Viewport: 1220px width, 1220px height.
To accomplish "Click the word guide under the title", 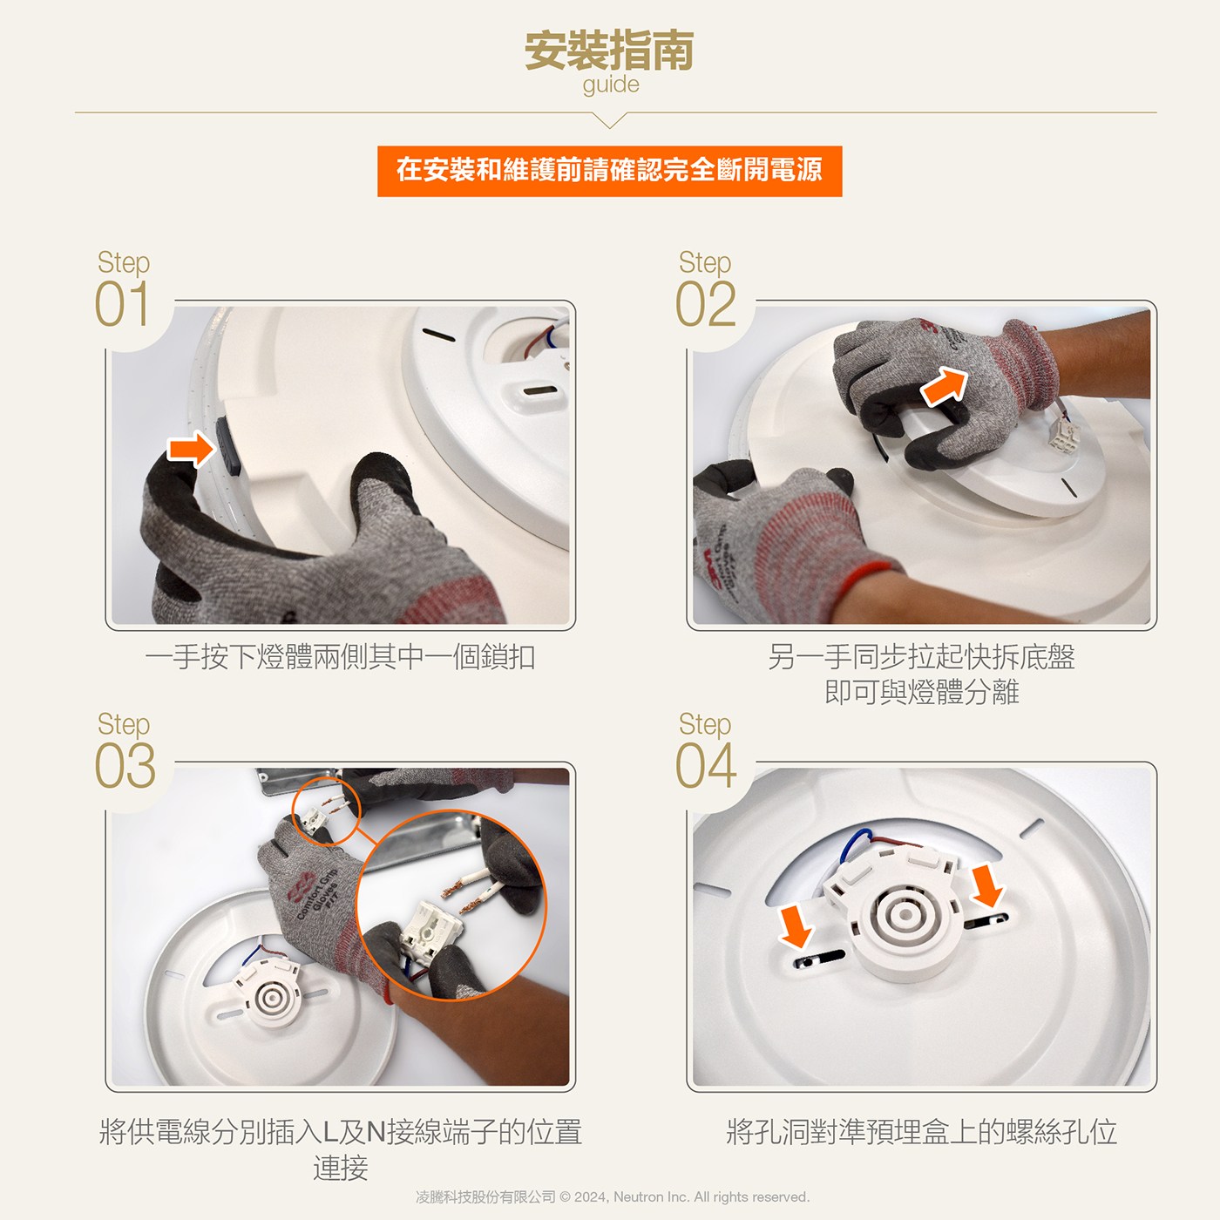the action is point(611,85).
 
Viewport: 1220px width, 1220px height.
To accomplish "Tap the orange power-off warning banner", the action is point(610,171).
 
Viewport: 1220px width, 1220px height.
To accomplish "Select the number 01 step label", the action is point(122,304).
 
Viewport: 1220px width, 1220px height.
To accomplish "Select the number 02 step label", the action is point(706,304).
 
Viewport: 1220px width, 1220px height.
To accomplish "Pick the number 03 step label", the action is point(125,766).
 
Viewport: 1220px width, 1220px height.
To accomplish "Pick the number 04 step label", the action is point(706,766).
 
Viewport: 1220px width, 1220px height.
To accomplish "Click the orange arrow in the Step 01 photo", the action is point(191,449).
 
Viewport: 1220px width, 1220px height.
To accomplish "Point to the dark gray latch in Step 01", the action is point(228,445).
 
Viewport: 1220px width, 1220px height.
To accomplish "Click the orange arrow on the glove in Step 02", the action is point(945,385).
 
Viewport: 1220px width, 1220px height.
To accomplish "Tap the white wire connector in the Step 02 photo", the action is point(1063,435).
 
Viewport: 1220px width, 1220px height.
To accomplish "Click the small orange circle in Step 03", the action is point(327,811).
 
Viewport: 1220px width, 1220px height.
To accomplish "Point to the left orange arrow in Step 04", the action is point(796,926).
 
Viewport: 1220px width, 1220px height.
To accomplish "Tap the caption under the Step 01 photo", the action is point(341,656).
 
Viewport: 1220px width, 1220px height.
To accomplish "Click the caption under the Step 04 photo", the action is point(921,1131).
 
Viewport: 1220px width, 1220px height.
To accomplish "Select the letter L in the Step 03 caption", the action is point(330,1132).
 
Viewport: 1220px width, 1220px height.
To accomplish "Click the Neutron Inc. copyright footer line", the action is point(613,1196).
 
